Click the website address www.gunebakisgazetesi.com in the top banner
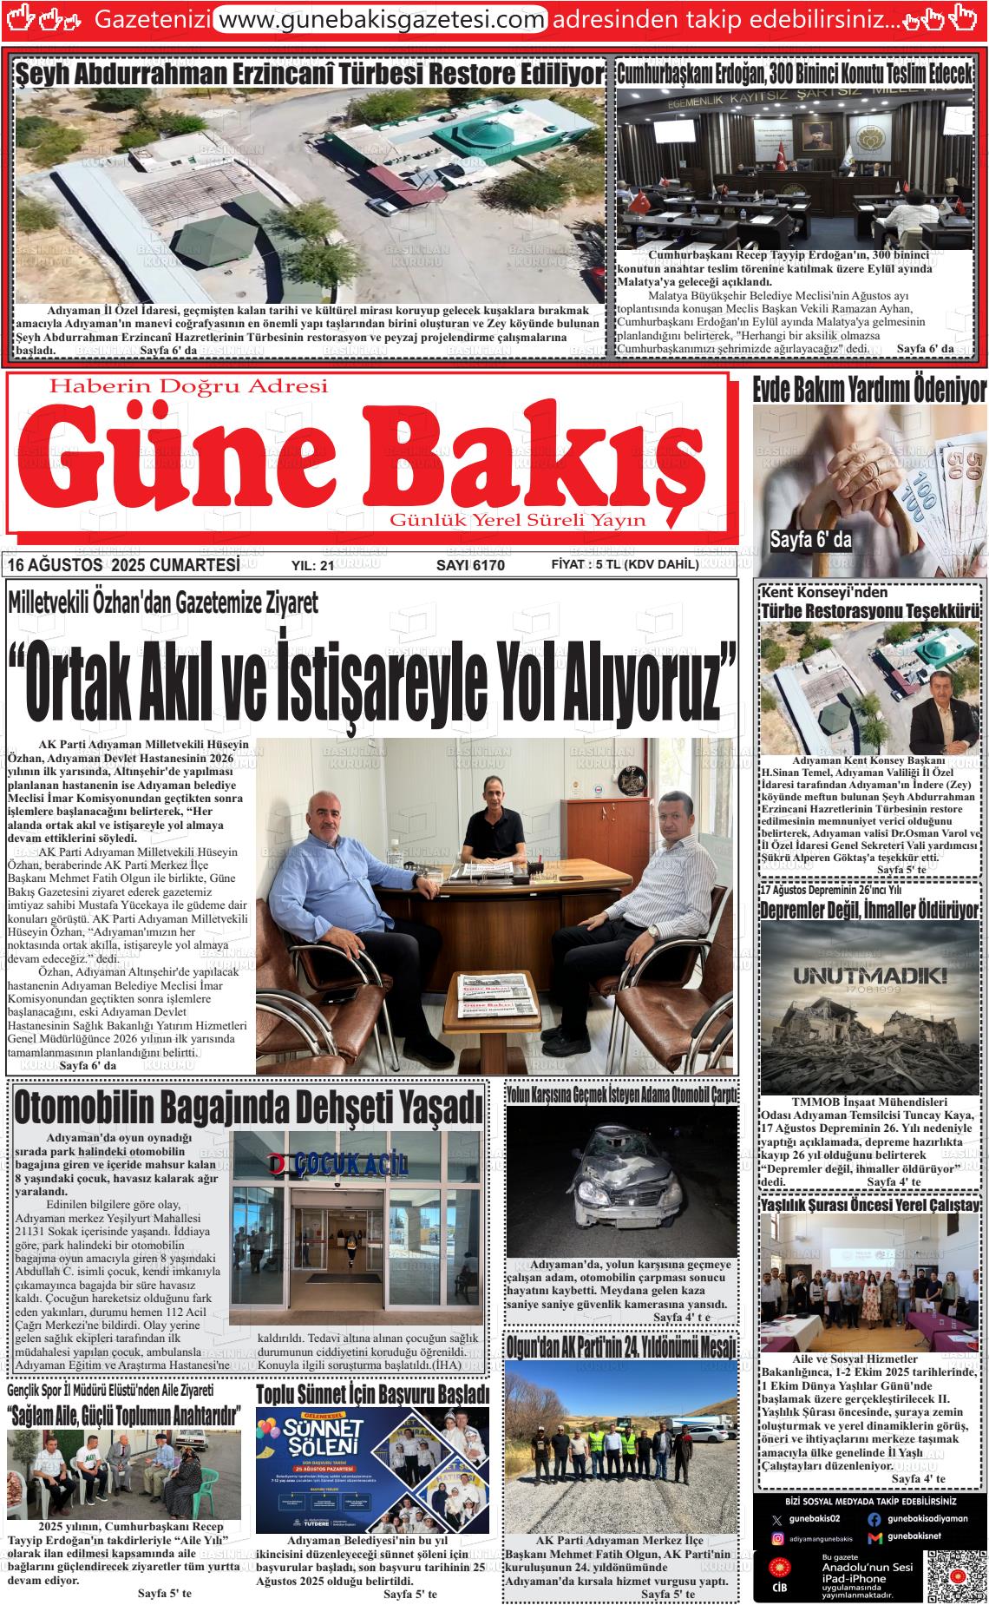(380, 19)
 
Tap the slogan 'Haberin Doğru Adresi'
(189, 385)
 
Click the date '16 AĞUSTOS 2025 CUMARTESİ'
(123, 565)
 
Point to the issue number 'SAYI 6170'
(469, 565)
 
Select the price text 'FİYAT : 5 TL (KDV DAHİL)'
(625, 564)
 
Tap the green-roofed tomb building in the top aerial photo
(474, 135)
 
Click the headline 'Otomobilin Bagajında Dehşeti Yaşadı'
(247, 1108)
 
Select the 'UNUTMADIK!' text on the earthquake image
(868, 975)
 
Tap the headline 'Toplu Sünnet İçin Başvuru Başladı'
(372, 1395)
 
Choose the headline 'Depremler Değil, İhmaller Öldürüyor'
(869, 911)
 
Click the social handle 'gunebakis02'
(815, 1519)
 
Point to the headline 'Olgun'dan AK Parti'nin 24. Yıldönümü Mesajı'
(620, 1346)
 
